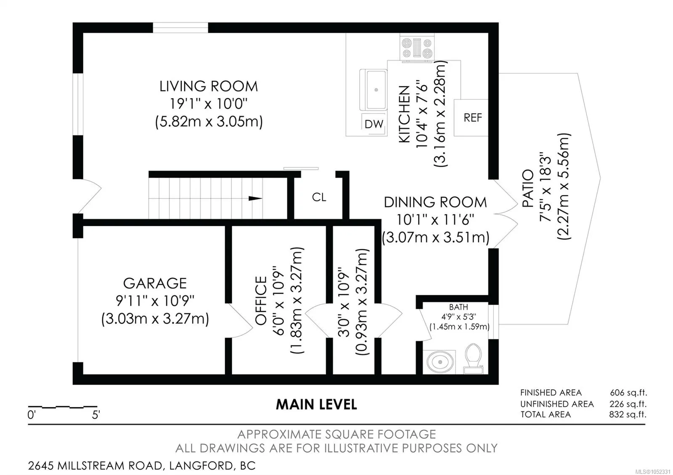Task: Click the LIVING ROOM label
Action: [x=209, y=87]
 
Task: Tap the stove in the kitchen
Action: [x=417, y=48]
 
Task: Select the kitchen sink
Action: [x=374, y=90]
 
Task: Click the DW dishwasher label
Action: [x=374, y=124]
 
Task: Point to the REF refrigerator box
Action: [x=471, y=118]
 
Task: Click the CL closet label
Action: [x=319, y=197]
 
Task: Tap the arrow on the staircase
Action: [x=255, y=198]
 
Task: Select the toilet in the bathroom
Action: [x=473, y=359]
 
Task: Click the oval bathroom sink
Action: [x=440, y=362]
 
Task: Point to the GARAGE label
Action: [x=155, y=283]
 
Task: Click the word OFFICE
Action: [x=261, y=301]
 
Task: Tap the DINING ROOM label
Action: [x=435, y=202]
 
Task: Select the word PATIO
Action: [x=528, y=188]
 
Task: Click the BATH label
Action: [x=458, y=307]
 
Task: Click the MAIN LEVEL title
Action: [x=316, y=404]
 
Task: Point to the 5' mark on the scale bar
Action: [x=96, y=415]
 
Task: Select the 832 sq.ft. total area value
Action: [x=628, y=414]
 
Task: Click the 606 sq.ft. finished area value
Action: [x=628, y=393]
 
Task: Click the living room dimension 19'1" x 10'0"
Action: [x=209, y=104]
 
